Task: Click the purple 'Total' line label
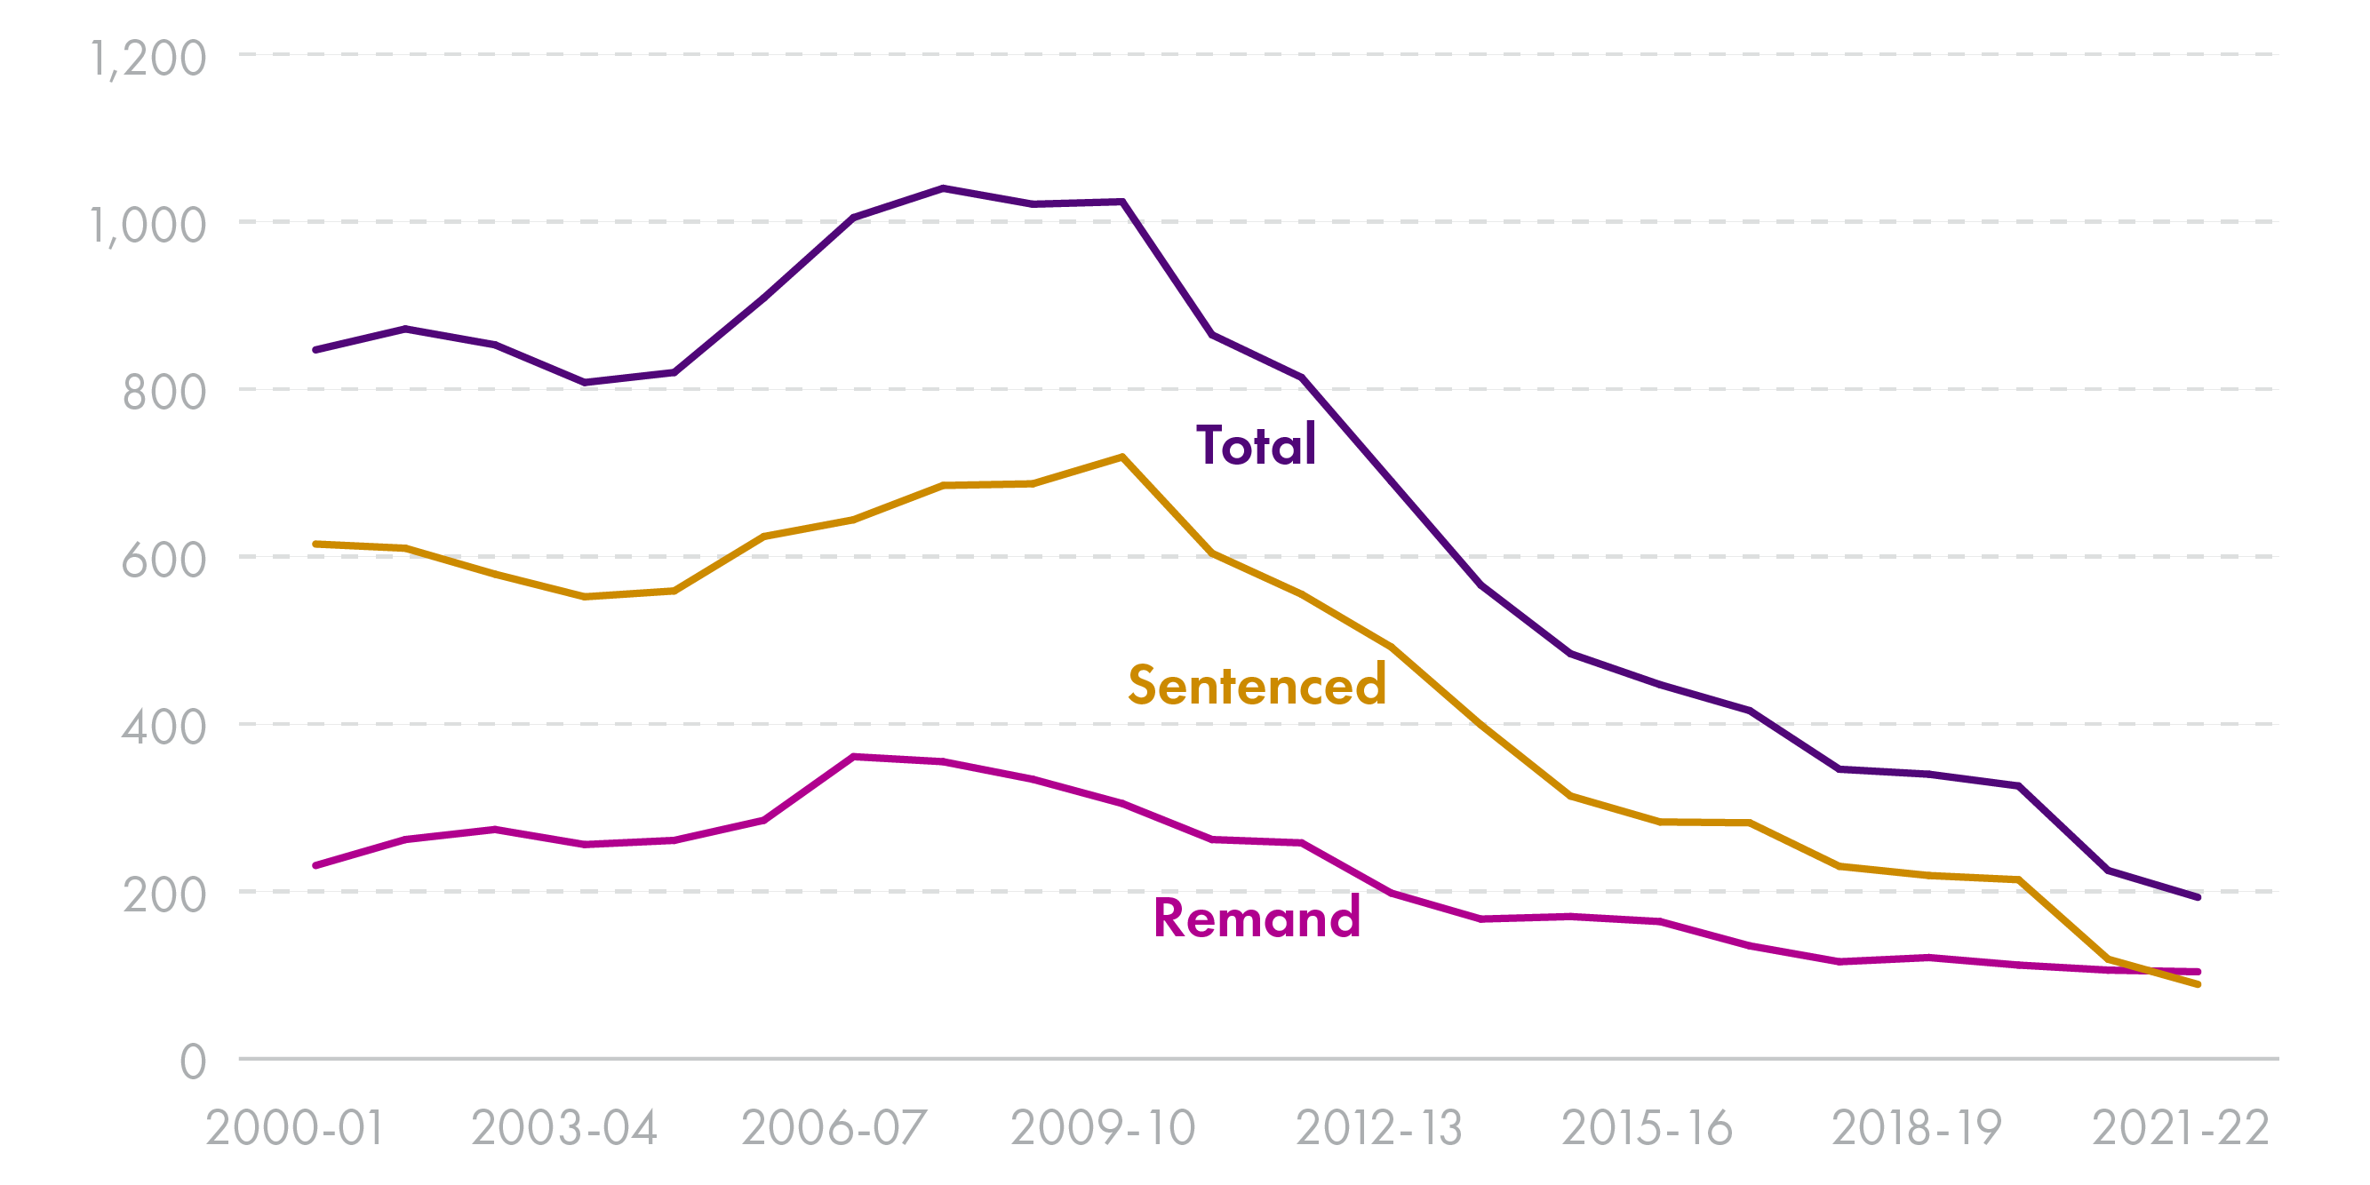coord(1256,446)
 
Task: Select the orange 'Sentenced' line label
coord(1257,686)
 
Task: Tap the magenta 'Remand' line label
coord(1257,919)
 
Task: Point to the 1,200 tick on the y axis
coord(148,59)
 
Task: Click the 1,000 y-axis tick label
coord(148,226)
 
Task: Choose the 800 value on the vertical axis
coord(164,393)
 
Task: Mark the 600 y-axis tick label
coord(164,561)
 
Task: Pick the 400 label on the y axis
coord(164,728)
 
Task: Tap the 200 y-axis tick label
coord(164,895)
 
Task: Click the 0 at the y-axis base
coord(193,1062)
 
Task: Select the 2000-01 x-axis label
coord(294,1129)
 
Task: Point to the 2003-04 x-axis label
coord(564,1129)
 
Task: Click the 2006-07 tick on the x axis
coord(834,1129)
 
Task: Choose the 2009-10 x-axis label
coord(1103,1129)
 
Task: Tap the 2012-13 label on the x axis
coord(1379,1129)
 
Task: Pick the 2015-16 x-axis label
coord(1647,1129)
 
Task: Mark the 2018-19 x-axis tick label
coord(1917,1129)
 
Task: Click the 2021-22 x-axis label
coord(2181,1129)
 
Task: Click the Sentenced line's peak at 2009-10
coord(1122,457)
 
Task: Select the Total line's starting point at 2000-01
coord(315,351)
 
